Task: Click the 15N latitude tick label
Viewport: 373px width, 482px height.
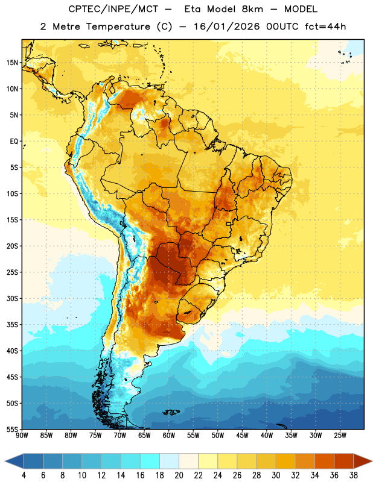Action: point(12,63)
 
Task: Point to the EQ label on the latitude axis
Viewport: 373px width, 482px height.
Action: point(14,142)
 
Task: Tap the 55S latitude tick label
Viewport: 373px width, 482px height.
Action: point(12,429)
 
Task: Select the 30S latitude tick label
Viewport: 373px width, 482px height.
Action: point(12,298)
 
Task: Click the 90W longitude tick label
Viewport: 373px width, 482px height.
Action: point(22,436)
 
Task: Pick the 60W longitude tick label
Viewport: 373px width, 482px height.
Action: point(169,436)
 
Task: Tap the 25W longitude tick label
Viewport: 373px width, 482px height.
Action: point(340,436)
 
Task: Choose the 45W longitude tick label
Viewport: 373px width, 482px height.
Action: point(242,436)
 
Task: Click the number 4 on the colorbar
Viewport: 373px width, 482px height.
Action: point(24,475)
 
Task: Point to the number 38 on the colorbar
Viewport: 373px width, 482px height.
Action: point(354,475)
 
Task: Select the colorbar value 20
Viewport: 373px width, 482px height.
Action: point(179,475)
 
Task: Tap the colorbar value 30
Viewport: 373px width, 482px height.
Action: point(276,475)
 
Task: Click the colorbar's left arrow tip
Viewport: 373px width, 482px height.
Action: point(5,461)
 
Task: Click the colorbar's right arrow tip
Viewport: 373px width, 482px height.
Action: point(372,461)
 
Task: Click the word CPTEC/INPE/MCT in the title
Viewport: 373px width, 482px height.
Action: point(113,9)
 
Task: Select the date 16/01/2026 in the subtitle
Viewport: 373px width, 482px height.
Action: point(226,27)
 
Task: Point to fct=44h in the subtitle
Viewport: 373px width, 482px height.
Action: point(325,27)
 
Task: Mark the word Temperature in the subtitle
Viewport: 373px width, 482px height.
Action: point(118,27)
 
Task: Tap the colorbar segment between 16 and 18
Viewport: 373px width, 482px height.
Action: point(150,461)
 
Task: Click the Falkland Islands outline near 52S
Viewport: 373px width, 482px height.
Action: point(171,412)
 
